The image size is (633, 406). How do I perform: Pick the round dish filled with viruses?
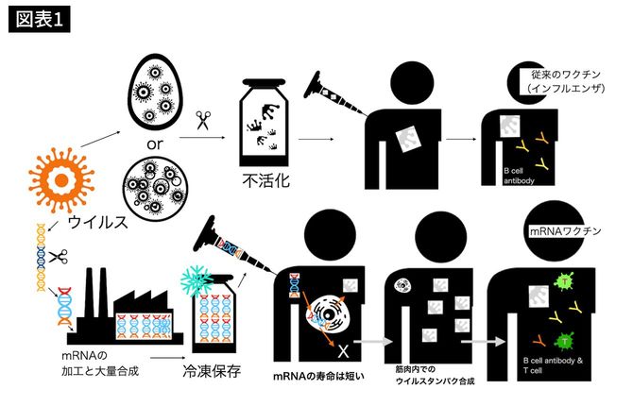(x=158, y=195)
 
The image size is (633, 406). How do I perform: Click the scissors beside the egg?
(x=202, y=120)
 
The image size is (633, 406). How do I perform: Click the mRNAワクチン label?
(x=558, y=230)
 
